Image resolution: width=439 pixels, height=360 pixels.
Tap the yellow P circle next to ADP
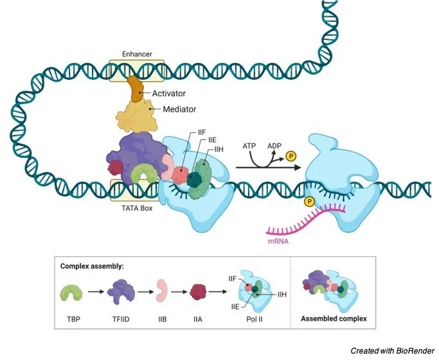[291, 156]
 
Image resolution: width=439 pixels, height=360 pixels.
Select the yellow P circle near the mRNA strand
[310, 202]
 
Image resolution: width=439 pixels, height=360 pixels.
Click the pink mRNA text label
[278, 243]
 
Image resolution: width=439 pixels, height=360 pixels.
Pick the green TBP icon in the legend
[72, 294]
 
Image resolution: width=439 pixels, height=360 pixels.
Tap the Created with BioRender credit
[391, 350]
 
